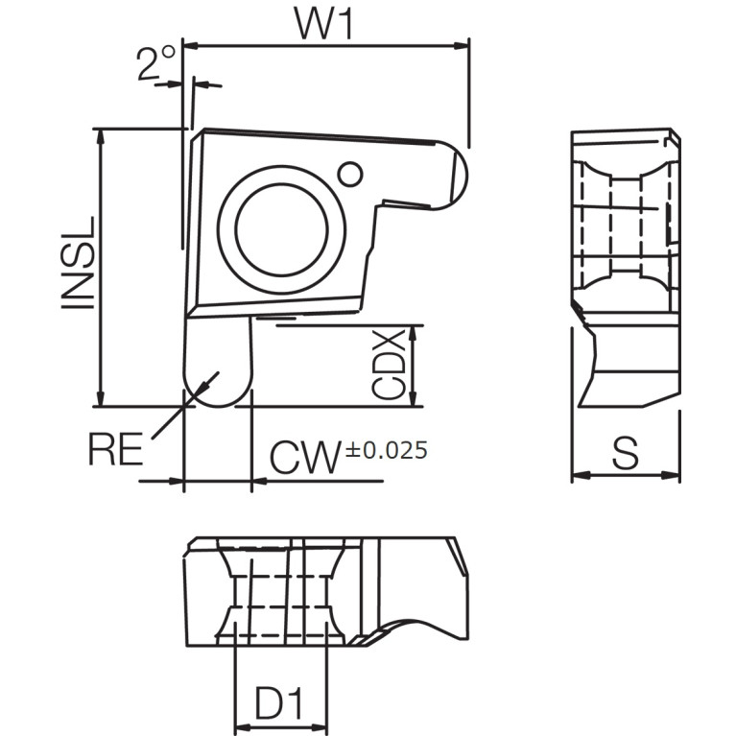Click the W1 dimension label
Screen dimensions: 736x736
point(324,23)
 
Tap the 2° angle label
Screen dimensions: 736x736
point(156,62)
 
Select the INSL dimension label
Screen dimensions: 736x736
point(78,263)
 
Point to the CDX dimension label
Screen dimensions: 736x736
point(389,365)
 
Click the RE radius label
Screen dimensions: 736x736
point(115,449)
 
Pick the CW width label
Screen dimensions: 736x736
point(304,457)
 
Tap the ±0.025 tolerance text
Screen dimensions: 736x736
point(387,450)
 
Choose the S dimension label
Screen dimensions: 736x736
point(626,453)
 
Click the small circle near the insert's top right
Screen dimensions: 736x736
point(350,174)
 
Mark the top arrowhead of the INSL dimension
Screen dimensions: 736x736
point(100,136)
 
